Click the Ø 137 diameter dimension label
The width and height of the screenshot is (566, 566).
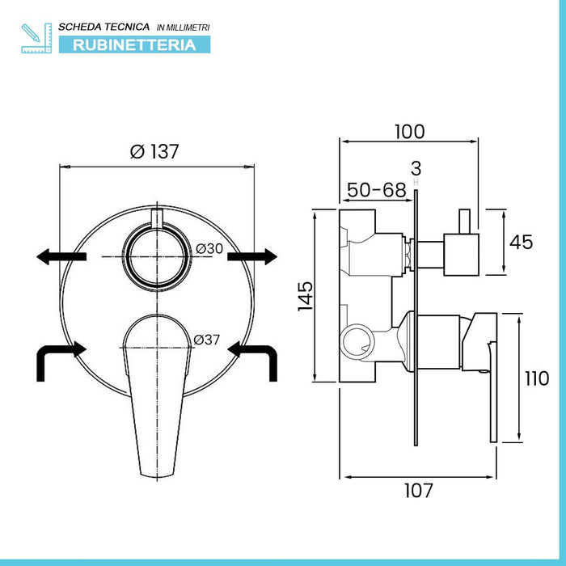click(x=154, y=150)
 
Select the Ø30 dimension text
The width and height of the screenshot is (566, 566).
click(x=209, y=248)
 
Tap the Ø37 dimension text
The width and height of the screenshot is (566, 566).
click(x=207, y=340)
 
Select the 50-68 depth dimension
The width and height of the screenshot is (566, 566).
click(x=376, y=190)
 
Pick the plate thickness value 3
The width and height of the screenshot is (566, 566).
click(x=416, y=168)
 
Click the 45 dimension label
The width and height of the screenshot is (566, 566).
click(x=522, y=241)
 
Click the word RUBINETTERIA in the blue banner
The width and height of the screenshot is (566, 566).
click(x=134, y=44)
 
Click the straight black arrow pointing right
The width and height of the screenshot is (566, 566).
click(x=251, y=256)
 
